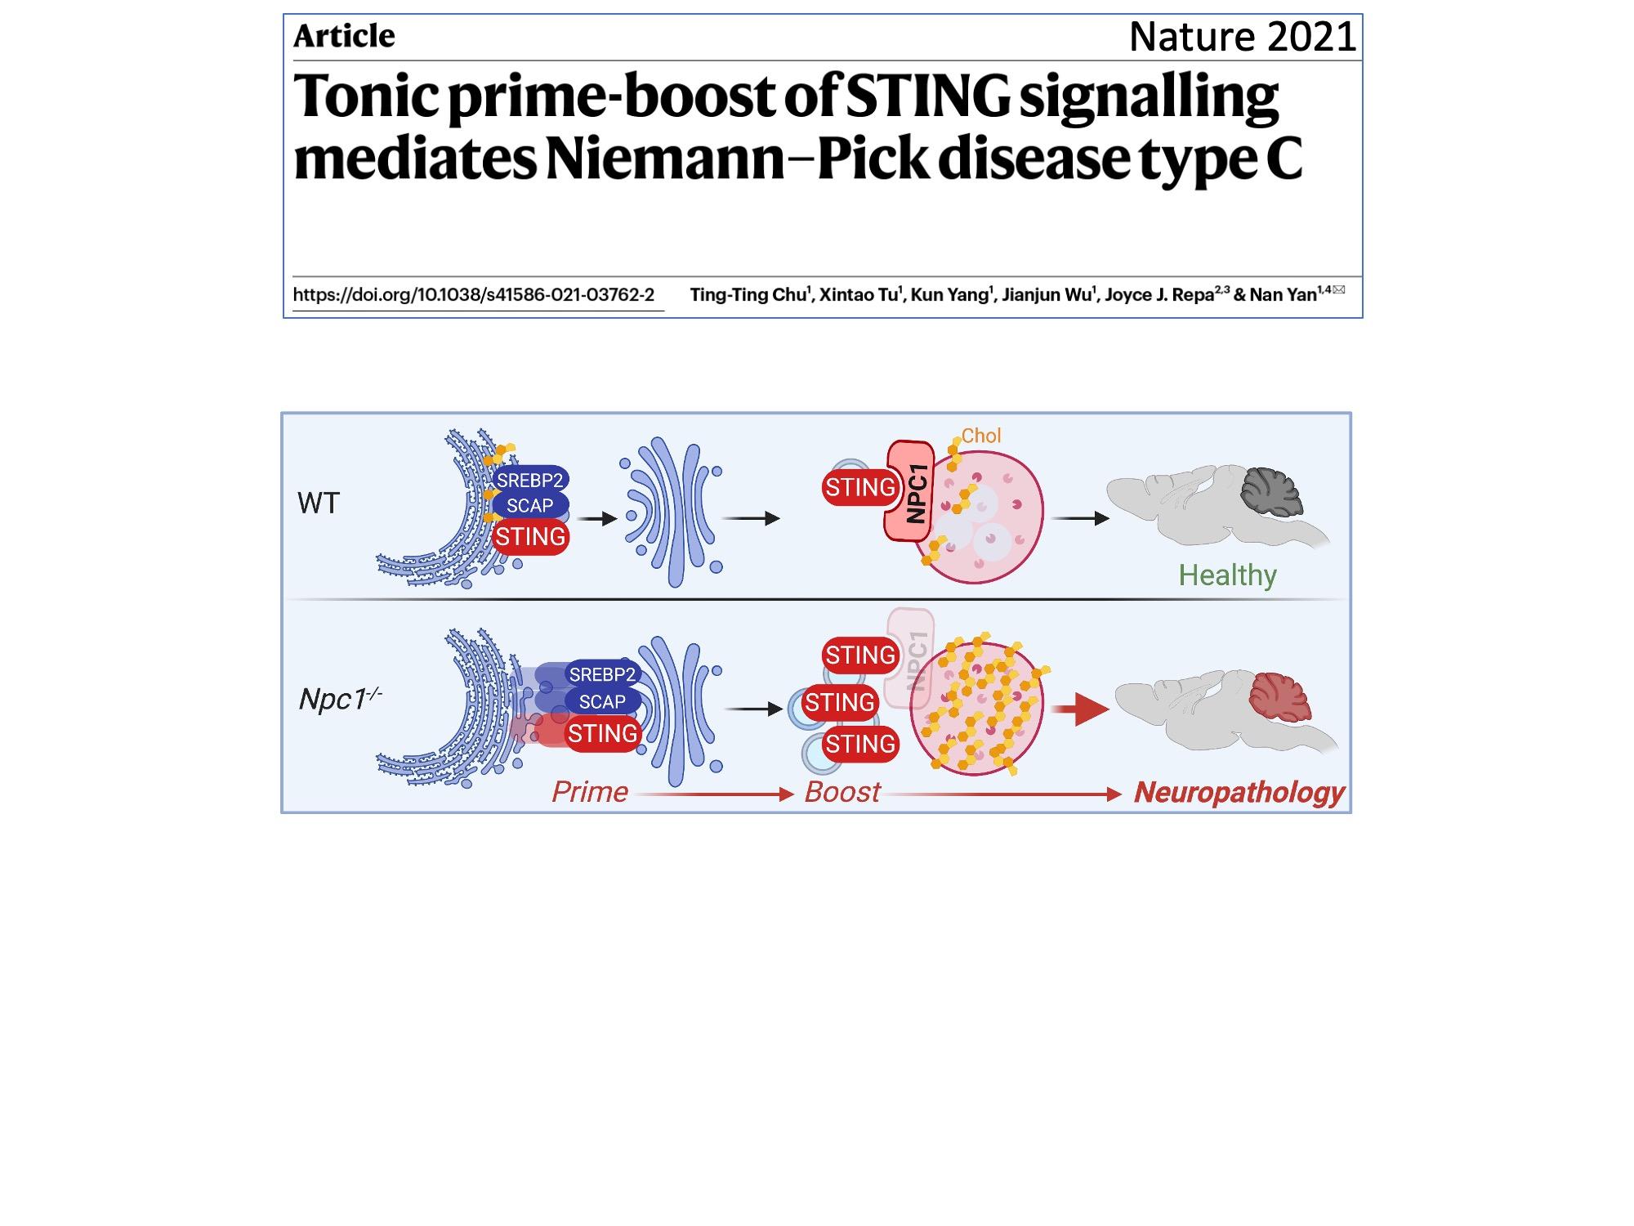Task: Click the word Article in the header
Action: point(344,36)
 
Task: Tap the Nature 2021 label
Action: point(1242,37)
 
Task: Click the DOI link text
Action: point(474,295)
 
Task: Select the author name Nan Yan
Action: point(1283,295)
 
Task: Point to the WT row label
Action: point(318,503)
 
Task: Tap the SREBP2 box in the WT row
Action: point(529,480)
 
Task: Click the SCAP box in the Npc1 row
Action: point(602,701)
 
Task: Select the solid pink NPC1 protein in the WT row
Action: point(909,492)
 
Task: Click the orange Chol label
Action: point(980,436)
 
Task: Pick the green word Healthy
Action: point(1227,575)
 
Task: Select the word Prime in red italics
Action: point(589,792)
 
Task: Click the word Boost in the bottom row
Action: point(842,792)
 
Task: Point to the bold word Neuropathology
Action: point(1239,792)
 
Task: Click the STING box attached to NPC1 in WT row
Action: point(859,488)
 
